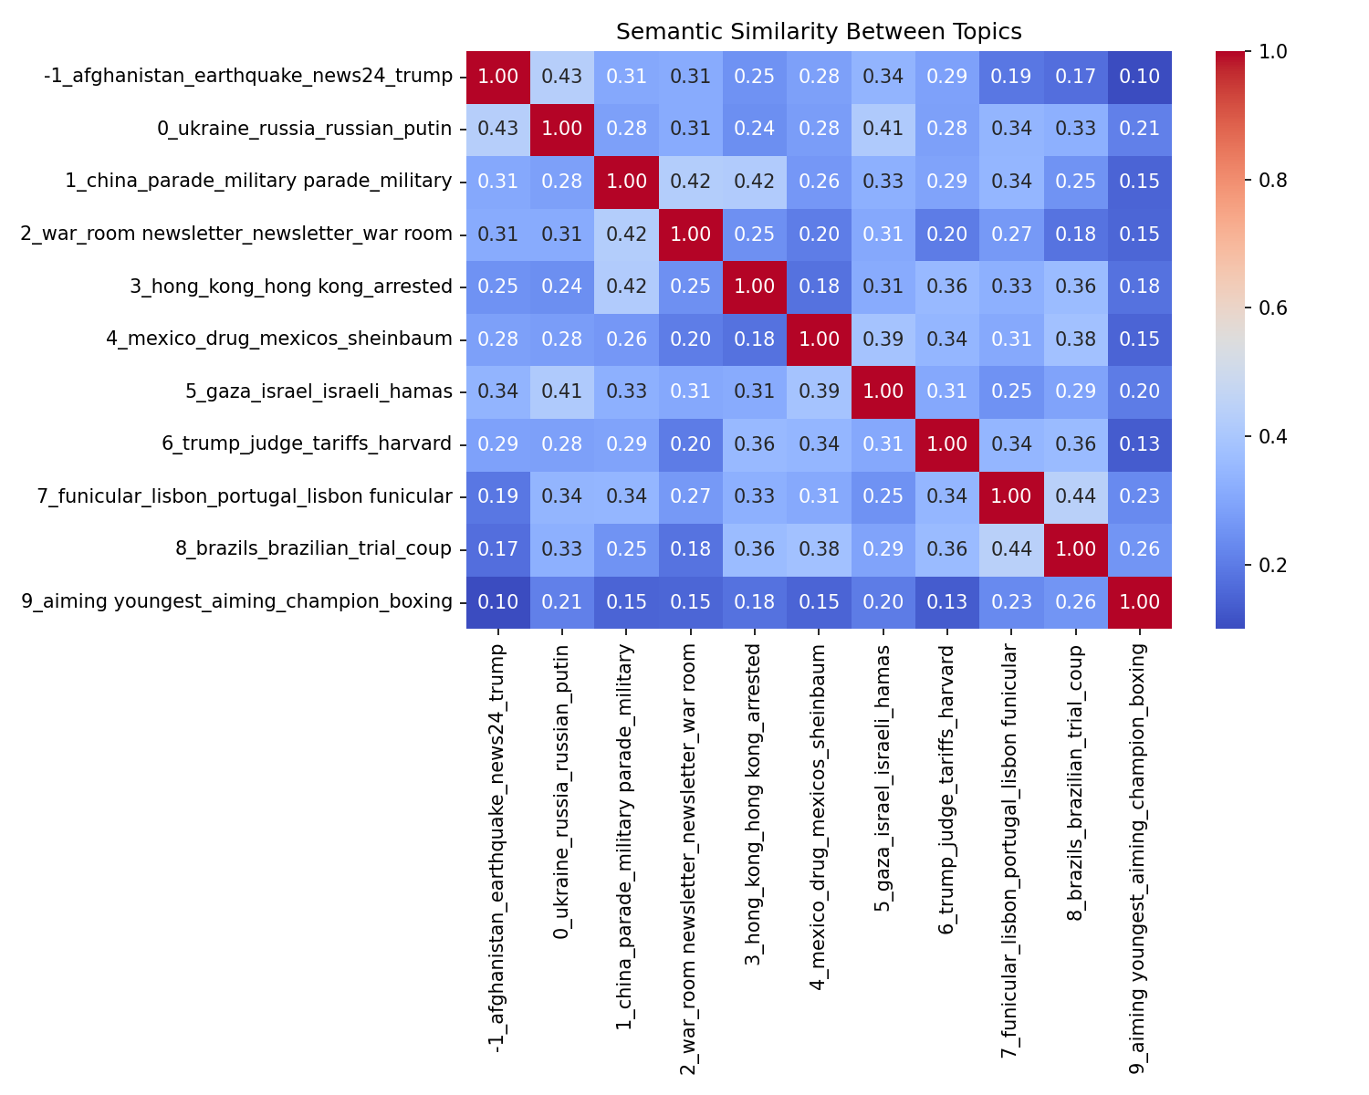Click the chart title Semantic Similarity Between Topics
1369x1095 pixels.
(819, 32)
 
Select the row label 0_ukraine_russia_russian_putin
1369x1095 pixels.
(304, 129)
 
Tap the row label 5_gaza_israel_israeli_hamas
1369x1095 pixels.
(319, 391)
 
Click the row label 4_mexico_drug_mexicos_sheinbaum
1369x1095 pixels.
(278, 339)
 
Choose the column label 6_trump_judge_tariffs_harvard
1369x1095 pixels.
(947, 790)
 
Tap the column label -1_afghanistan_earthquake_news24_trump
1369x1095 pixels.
(498, 850)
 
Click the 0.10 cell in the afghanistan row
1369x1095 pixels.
(1139, 77)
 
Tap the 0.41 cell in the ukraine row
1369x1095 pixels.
(883, 129)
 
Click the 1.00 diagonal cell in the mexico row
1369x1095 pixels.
(819, 339)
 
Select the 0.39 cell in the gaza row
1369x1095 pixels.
(819, 391)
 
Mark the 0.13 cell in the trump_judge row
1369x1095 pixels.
(1139, 443)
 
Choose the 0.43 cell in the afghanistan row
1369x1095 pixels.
(562, 77)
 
